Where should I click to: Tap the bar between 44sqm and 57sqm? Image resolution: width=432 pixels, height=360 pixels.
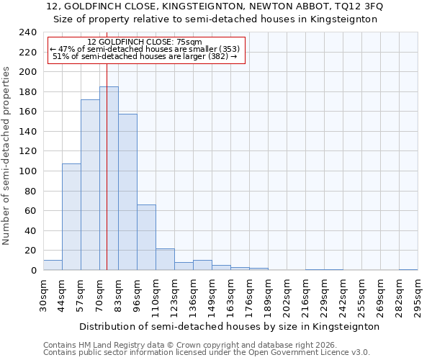[71, 217]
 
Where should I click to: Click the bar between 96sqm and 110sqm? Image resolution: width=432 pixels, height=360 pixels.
[146, 238]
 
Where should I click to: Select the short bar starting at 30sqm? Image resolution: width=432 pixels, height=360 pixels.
[53, 265]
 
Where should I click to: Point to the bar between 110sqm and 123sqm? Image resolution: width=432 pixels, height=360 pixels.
[165, 259]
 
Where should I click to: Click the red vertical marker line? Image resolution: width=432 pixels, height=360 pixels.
[107, 144]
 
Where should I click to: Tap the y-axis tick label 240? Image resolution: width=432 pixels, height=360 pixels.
[28, 33]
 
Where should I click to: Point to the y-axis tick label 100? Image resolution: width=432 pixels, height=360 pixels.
[28, 73]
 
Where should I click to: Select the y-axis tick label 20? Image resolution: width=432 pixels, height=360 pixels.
[31, 251]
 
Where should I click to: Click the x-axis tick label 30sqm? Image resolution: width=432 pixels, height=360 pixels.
[43, 296]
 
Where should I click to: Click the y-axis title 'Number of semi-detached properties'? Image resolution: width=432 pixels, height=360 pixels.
[7, 156]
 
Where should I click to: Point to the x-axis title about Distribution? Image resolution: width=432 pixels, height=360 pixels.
[229, 326]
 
